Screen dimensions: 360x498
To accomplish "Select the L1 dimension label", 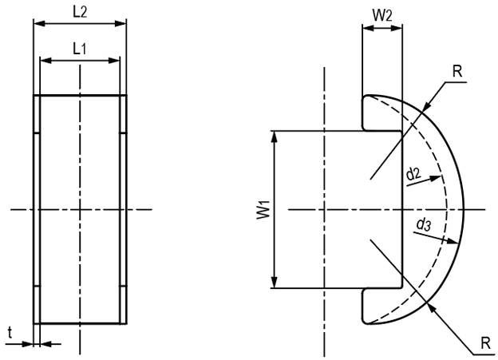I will tap(80, 48).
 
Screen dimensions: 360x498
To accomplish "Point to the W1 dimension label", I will tap(259, 210).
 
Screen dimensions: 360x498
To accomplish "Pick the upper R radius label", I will tap(457, 70).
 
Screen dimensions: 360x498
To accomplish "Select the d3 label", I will tap(424, 226).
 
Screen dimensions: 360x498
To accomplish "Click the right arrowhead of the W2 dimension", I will tap(397, 30).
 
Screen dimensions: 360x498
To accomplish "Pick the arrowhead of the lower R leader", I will tap(429, 306).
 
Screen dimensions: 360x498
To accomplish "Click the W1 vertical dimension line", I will tap(275, 239).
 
